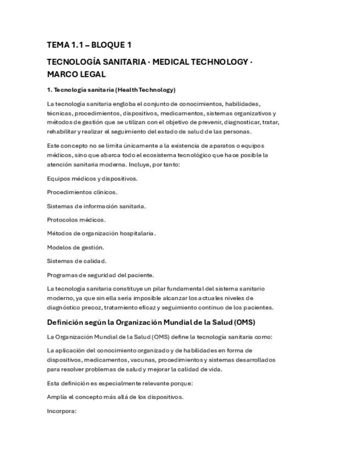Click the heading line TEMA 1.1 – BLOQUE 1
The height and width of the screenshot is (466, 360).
pyautogui.click(x=89, y=45)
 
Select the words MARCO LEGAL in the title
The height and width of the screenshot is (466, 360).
pyautogui.click(x=76, y=74)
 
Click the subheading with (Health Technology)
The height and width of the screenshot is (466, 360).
pyautogui.click(x=111, y=90)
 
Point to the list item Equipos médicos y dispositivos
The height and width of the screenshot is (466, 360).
pyautogui.click(x=92, y=179)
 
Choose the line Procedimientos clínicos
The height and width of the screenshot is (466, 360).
pyautogui.click(x=82, y=192)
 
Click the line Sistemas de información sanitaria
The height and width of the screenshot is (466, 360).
pyautogui.click(x=96, y=206)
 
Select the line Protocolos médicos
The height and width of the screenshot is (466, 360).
pyautogui.click(x=76, y=220)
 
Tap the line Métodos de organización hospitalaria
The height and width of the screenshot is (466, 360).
pyautogui.click(x=101, y=234)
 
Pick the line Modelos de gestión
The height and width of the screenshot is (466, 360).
pyautogui.click(x=75, y=247)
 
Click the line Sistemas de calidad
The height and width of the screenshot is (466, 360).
pyautogui.click(x=76, y=261)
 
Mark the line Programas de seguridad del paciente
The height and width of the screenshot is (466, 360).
pyautogui.click(x=100, y=275)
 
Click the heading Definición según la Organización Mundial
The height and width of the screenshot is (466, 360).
pyautogui.click(x=132, y=323)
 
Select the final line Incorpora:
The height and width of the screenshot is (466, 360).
pyautogui.click(x=62, y=410)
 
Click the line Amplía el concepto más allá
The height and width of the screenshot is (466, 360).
pyautogui.click(x=115, y=397)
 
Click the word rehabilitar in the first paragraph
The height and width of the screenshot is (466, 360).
pyautogui.click(x=62, y=132)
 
